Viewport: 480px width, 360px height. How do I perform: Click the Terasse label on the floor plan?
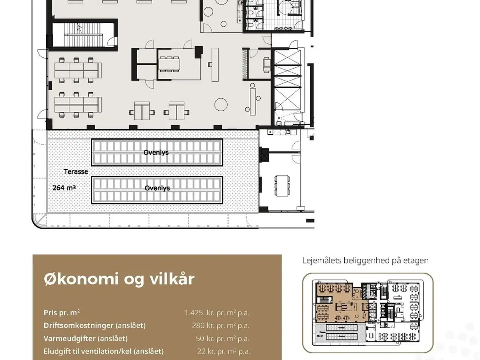(76, 172)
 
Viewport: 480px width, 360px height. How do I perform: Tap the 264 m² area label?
(64, 187)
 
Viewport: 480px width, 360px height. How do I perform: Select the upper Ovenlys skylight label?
(156, 152)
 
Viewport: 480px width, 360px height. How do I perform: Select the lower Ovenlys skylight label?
(157, 188)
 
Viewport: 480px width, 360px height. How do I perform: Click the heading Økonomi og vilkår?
(119, 279)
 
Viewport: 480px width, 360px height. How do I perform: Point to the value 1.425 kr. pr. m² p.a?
(217, 313)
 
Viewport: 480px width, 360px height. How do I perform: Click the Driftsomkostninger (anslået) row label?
(94, 325)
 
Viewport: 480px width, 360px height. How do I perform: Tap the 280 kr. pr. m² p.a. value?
(220, 325)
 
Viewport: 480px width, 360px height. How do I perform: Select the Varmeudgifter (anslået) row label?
(85, 339)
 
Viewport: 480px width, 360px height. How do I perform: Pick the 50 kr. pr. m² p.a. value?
(222, 339)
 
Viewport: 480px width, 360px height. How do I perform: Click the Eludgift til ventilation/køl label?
(103, 351)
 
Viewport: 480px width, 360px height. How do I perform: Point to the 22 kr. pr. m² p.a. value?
(223, 351)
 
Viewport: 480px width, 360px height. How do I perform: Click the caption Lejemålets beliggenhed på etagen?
(365, 261)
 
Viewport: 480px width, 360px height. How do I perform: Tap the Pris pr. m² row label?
(61, 313)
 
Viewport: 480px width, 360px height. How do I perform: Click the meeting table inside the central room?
(169, 64)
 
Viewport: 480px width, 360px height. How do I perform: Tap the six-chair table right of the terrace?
(282, 185)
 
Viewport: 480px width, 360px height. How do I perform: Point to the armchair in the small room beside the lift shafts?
(267, 64)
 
